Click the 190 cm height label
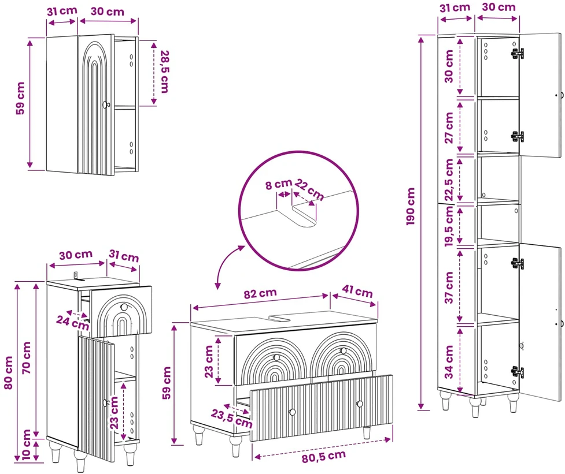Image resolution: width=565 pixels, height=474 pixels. click(x=411, y=207)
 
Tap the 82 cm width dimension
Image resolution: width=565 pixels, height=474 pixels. click(x=260, y=293)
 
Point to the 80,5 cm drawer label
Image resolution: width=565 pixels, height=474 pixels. click(x=324, y=457)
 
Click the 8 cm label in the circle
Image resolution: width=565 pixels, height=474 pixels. click(x=279, y=184)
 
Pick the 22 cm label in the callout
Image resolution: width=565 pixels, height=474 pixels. click(x=309, y=189)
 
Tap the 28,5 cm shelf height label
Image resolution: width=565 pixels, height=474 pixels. click(x=165, y=72)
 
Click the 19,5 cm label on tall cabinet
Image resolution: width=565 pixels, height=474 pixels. click(x=449, y=226)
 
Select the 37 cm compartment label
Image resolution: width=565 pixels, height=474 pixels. click(x=449, y=288)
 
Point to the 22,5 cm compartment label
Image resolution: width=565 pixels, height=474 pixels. click(x=449, y=180)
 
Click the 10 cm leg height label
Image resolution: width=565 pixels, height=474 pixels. click(x=26, y=445)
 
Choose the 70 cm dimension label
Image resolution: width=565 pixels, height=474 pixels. click(x=26, y=357)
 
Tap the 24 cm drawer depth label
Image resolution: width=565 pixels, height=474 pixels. click(x=73, y=323)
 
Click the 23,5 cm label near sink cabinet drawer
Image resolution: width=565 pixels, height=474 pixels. click(x=232, y=419)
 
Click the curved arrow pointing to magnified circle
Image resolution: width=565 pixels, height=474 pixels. click(x=226, y=263)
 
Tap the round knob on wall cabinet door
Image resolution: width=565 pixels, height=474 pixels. click(x=106, y=104)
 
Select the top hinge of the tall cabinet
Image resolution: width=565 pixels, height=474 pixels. click(x=518, y=53)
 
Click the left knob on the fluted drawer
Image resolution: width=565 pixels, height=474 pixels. click(x=292, y=412)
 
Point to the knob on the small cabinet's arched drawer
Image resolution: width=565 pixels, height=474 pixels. click(x=124, y=307)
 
